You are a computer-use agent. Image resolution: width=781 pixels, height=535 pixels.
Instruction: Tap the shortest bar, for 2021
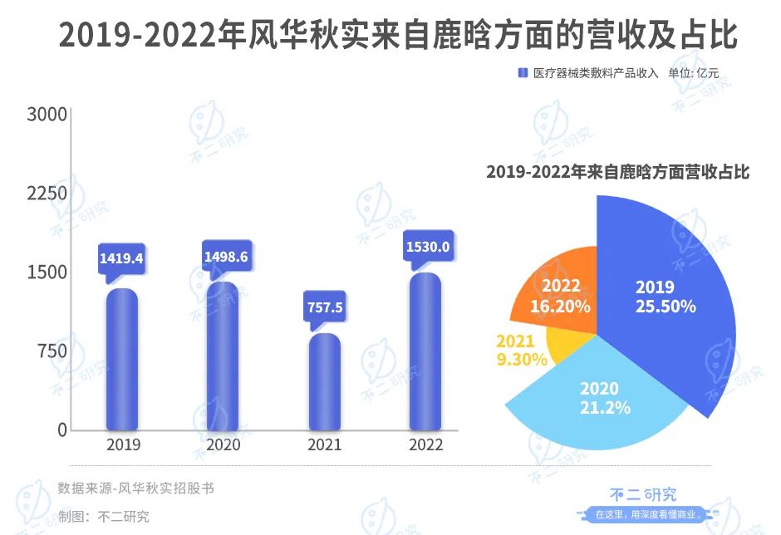324,381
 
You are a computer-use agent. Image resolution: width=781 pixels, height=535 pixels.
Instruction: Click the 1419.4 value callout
121,258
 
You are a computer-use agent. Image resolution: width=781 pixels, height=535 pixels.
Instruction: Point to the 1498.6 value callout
226,257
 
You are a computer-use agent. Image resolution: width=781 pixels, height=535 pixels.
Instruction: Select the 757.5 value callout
325,308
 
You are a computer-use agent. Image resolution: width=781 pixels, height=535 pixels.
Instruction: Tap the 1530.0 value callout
427,247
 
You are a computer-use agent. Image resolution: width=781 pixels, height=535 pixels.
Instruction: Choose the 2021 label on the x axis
324,445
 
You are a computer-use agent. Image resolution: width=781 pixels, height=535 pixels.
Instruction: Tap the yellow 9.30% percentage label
521,360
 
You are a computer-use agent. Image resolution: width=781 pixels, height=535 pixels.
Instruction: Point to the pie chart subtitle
617,172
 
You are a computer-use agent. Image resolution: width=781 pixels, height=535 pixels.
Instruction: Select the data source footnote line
135,488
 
